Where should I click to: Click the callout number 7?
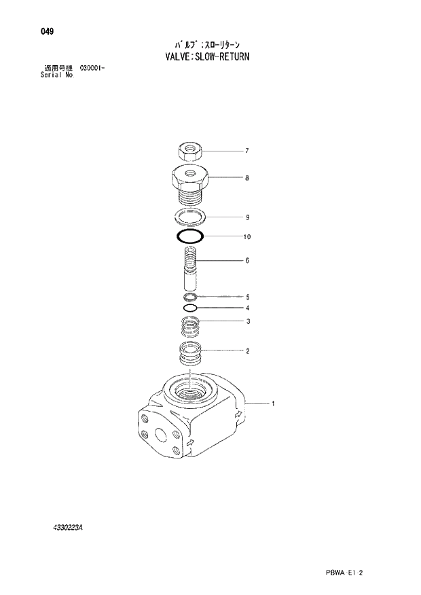[x=247, y=151]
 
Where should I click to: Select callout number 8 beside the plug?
[x=247, y=178]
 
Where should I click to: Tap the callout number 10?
[x=247, y=237]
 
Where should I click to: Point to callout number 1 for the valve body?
[x=272, y=405]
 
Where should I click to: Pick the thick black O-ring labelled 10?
[x=189, y=237]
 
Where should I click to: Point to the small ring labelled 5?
[x=190, y=297]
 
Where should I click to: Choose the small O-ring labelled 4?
[x=190, y=308]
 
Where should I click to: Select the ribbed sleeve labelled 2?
[x=189, y=354]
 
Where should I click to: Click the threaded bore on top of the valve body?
[x=191, y=392]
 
